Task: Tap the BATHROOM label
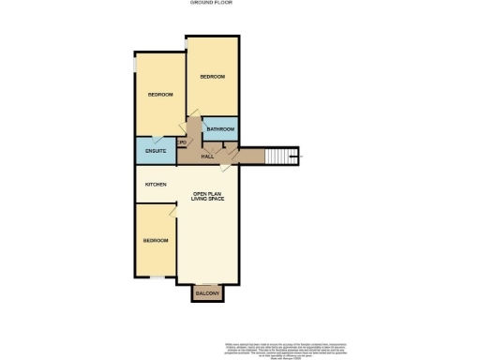point(220,129)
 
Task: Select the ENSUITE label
point(157,151)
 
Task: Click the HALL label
point(207,157)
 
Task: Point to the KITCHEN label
point(156,184)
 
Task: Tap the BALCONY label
point(207,295)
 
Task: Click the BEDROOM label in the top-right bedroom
point(213,77)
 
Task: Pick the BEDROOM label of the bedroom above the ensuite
point(160,95)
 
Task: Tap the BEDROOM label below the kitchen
point(156,241)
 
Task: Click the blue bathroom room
point(220,128)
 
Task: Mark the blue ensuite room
point(156,151)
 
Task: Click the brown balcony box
point(207,293)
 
